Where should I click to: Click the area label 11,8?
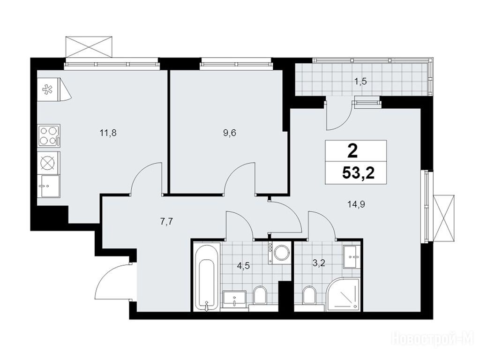(108, 134)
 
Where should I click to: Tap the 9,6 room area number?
(230, 134)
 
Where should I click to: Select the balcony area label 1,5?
(360, 82)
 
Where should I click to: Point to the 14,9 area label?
(356, 204)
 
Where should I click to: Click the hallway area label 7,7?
(167, 222)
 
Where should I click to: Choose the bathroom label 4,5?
(244, 266)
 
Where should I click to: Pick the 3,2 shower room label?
(319, 263)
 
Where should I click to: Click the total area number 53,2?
(359, 173)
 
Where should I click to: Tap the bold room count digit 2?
(352, 151)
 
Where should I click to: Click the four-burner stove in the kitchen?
(49, 135)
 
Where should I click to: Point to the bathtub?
(207, 277)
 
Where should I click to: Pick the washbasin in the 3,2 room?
(352, 257)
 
